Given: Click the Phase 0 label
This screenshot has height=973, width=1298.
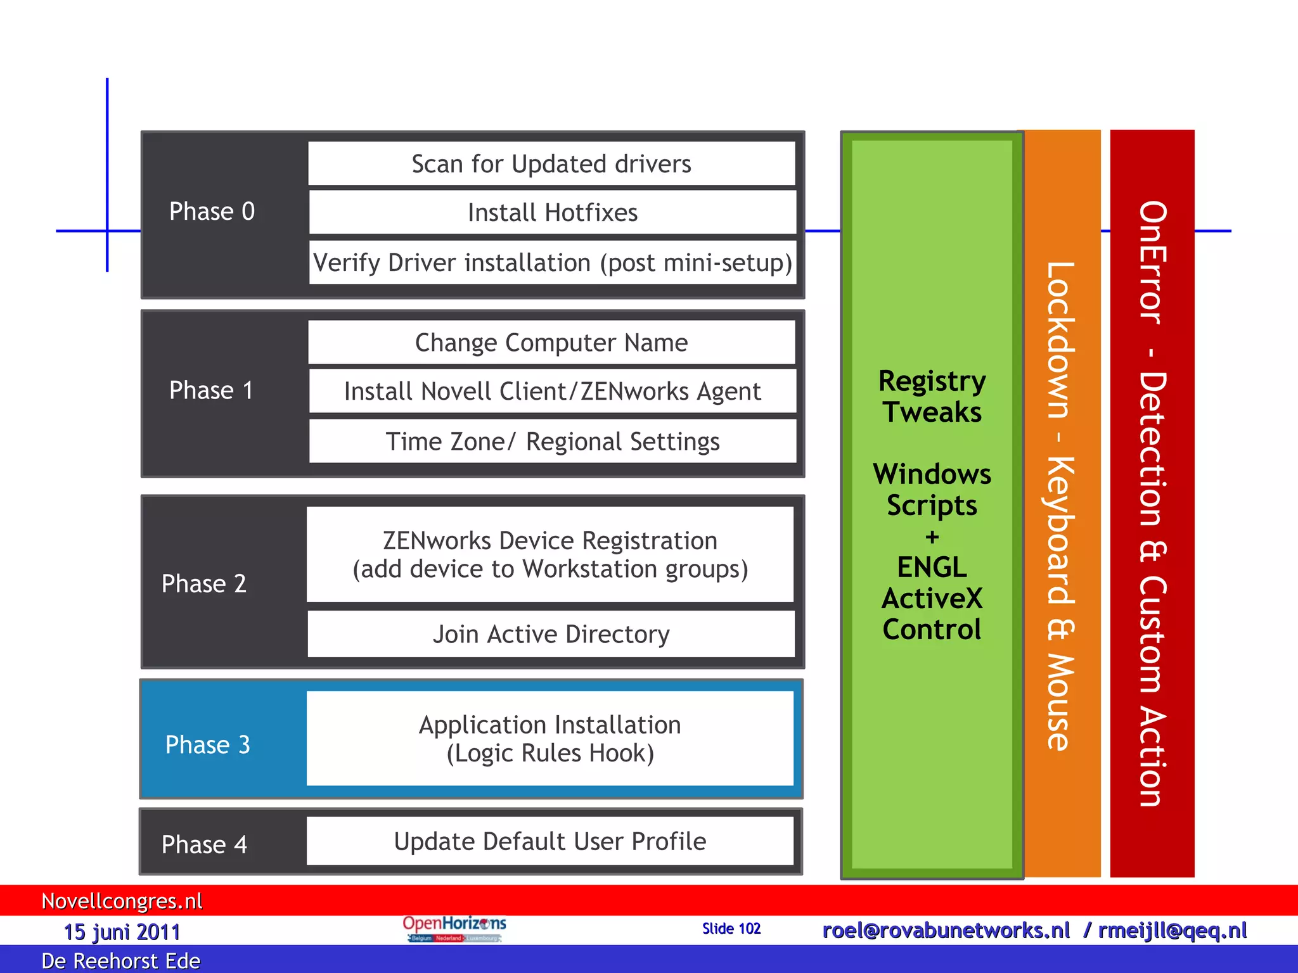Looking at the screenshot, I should [212, 212].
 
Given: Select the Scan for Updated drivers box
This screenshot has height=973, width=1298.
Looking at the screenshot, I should [551, 164].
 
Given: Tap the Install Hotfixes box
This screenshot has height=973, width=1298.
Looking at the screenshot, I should [552, 213].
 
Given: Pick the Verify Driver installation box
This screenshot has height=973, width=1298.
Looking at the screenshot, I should [552, 262].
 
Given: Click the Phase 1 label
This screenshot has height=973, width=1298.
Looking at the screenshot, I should [211, 390].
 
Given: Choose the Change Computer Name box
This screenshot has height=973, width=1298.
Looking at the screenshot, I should [551, 343].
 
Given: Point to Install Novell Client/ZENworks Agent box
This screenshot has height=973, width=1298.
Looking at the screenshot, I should [552, 391].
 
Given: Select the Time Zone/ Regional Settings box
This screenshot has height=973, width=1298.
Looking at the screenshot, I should [552, 442].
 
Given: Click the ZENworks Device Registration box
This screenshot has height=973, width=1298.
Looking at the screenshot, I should [550, 554].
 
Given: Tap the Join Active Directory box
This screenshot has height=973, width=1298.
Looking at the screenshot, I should [551, 634].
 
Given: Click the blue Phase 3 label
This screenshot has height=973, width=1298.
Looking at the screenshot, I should [208, 745].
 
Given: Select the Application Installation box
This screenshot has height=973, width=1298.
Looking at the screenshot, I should [550, 739].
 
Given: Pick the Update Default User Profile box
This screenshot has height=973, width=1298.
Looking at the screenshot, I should [550, 841].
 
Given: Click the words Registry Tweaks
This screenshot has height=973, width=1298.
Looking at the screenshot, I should [932, 397].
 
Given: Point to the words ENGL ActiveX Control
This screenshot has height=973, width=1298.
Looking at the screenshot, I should [932, 598].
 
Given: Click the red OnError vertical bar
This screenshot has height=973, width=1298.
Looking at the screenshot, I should [1152, 504].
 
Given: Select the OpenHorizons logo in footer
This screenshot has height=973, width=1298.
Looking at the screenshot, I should [454, 929].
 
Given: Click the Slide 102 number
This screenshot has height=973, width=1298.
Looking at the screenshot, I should [731, 929].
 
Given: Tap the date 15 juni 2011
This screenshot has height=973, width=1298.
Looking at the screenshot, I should [122, 932].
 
